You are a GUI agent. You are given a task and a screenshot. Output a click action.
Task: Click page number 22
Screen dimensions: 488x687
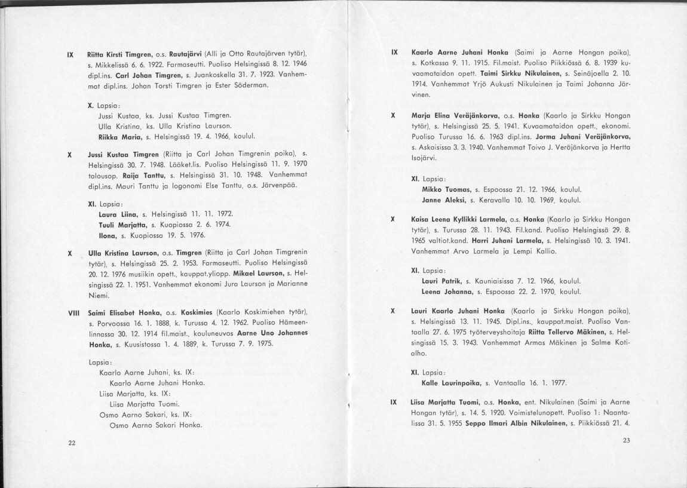(72, 443)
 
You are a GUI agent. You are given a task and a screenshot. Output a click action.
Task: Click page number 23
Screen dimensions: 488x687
(626, 441)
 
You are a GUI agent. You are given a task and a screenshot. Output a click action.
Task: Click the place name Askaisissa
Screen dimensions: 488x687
(435, 147)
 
